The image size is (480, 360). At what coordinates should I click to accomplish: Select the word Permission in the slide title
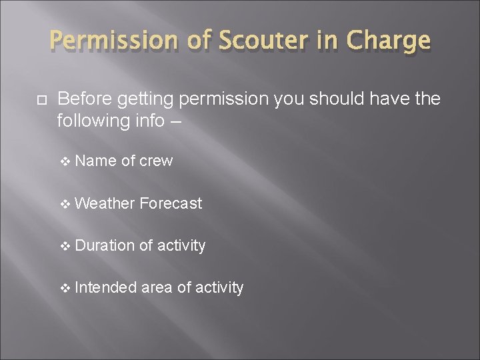[x=117, y=41]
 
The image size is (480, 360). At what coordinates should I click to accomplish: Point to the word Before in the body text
[x=85, y=99]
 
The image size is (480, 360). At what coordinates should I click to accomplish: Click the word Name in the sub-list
[x=96, y=161]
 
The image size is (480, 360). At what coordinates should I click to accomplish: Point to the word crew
[x=156, y=161]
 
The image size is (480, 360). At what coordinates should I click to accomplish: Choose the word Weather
[x=105, y=203]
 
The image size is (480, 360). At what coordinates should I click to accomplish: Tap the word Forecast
[x=171, y=203]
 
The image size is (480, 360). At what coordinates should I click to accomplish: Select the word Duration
[x=105, y=245]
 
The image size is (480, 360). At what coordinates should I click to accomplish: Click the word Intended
[x=107, y=287]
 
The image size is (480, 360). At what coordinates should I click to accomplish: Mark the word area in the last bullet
[x=157, y=287]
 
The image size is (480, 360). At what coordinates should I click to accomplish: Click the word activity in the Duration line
[x=181, y=245]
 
